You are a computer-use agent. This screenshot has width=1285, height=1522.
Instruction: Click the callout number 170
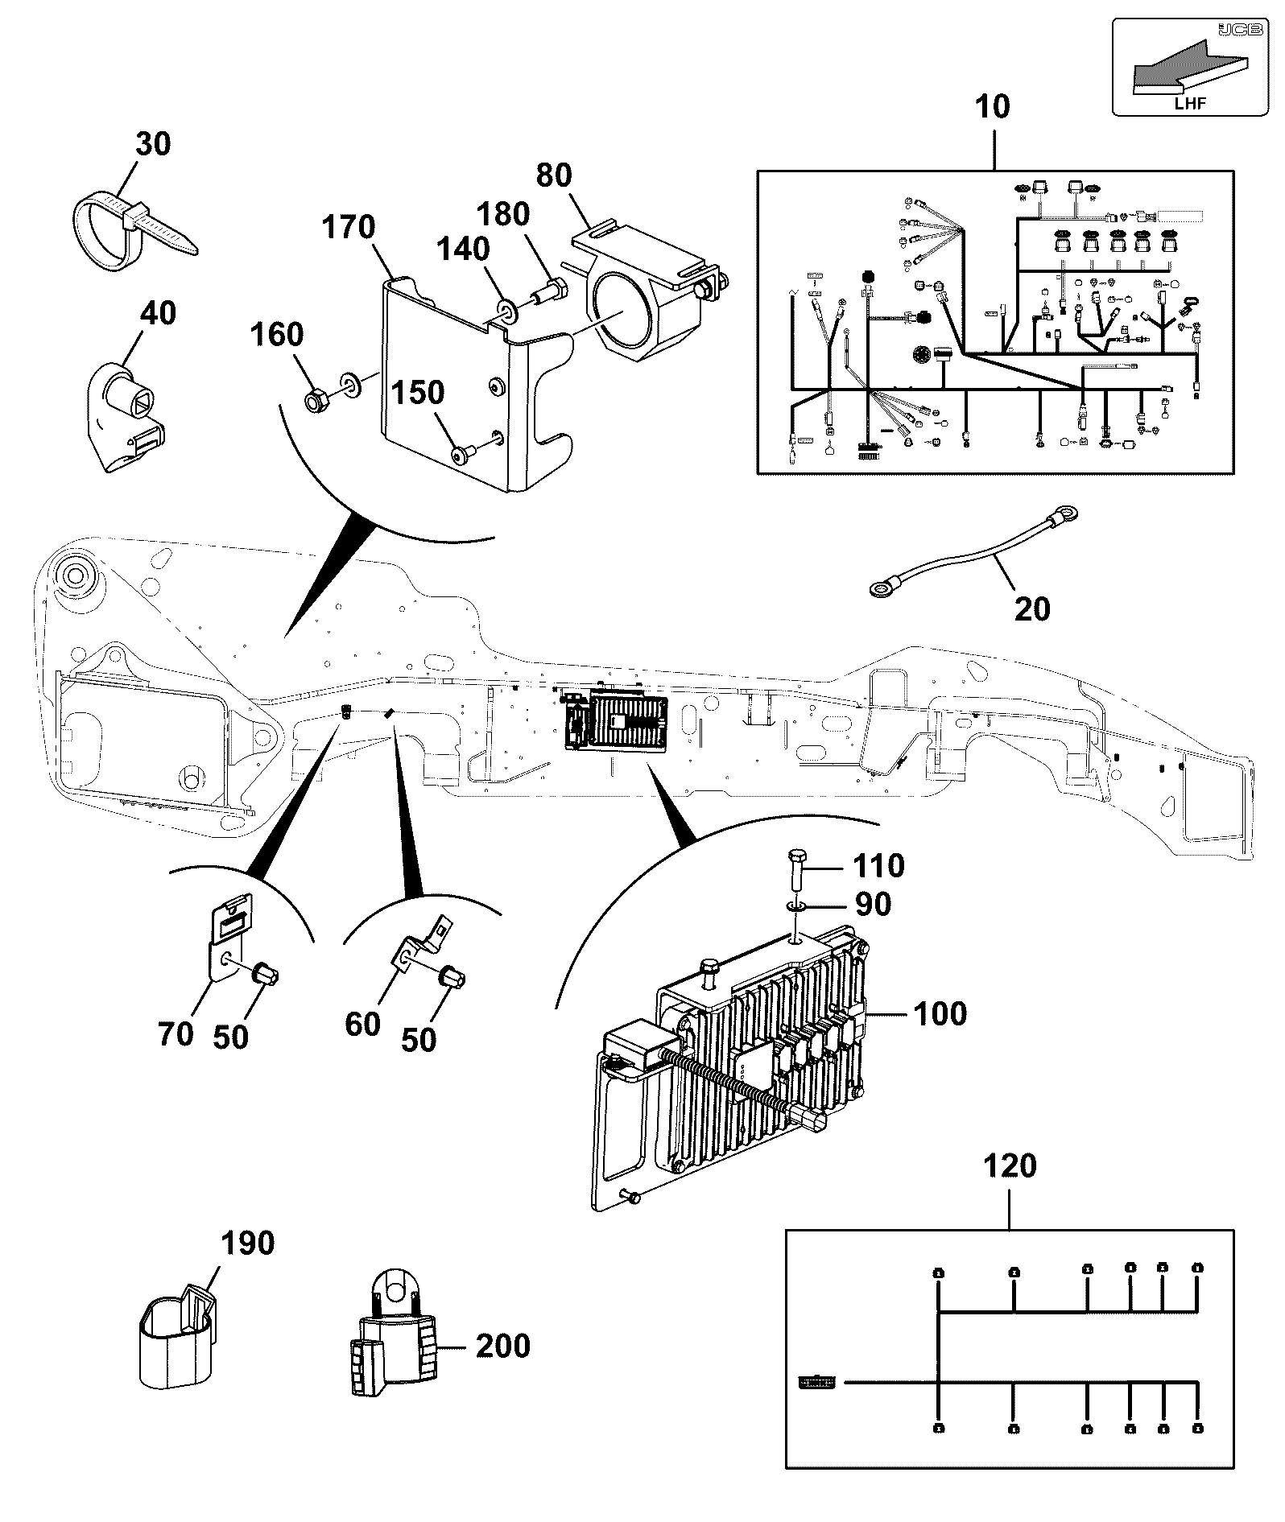[349, 228]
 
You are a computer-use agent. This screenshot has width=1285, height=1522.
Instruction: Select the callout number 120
[1010, 1165]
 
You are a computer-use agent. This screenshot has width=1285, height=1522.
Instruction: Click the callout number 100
[940, 1013]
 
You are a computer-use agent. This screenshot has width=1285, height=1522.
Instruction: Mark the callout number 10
[993, 106]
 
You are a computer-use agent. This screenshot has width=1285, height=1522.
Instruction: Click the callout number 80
[554, 175]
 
